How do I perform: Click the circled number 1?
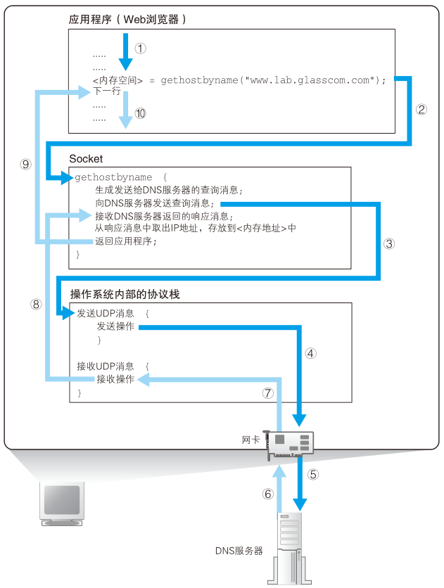pyautogui.click(x=140, y=49)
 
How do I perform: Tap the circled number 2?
pyautogui.click(x=421, y=109)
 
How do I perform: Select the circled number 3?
pyautogui.click(x=389, y=244)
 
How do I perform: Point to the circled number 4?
pyautogui.click(x=310, y=353)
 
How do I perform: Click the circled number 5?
pyautogui.click(x=313, y=474)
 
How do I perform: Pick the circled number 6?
pyautogui.click(x=268, y=494)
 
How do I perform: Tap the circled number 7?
pyautogui.click(x=268, y=393)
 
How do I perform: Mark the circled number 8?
pyautogui.click(x=36, y=304)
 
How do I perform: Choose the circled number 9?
pyautogui.click(x=25, y=164)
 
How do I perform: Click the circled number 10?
pyautogui.click(x=140, y=113)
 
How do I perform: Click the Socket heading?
pyautogui.click(x=86, y=159)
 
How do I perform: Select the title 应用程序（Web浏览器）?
pyautogui.click(x=127, y=19)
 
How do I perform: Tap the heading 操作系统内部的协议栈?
pyautogui.click(x=125, y=295)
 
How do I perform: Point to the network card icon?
pyautogui.click(x=288, y=445)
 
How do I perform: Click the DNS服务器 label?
pyautogui.click(x=239, y=551)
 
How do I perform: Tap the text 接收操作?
pyautogui.click(x=115, y=379)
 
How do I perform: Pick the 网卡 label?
pyautogui.click(x=250, y=440)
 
